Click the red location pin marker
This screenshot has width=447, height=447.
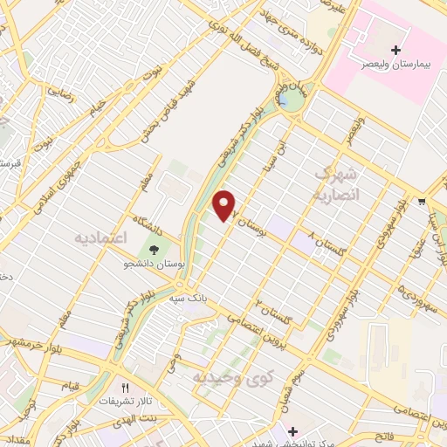pos(225,205)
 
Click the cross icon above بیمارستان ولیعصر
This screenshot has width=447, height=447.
pos(395,49)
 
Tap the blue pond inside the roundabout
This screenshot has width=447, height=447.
pos(285,102)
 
